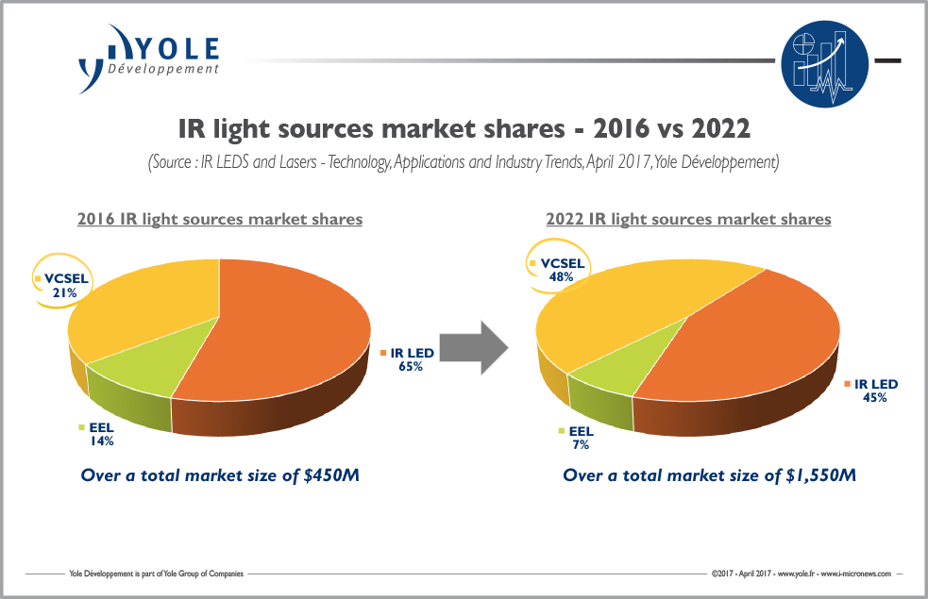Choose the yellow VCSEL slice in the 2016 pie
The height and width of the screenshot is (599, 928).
point(142,311)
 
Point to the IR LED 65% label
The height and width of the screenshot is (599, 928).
point(409,359)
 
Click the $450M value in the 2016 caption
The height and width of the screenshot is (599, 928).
point(328,474)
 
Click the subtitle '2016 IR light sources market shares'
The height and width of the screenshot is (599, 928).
point(219,219)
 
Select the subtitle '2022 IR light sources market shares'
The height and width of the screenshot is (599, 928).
point(688,219)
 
